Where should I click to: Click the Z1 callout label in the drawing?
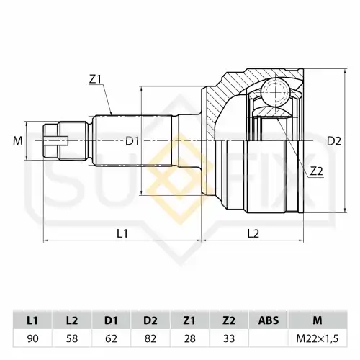(96, 79)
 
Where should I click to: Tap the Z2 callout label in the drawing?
(317, 171)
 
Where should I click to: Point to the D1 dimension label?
(132, 141)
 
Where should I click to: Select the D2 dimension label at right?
(334, 141)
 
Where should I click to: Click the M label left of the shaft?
(18, 141)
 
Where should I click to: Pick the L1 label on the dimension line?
(122, 233)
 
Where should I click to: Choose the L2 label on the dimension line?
(253, 233)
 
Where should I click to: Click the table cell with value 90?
(32, 338)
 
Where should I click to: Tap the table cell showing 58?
(72, 338)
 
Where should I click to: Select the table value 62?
(111, 338)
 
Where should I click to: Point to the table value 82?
(150, 338)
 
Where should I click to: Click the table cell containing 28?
(190, 338)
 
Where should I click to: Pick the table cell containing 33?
(229, 338)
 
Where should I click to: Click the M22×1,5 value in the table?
(318, 338)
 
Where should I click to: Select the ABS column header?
(269, 320)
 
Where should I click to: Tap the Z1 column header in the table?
(189, 320)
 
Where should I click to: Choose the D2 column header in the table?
(150, 320)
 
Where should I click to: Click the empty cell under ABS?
(269, 338)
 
